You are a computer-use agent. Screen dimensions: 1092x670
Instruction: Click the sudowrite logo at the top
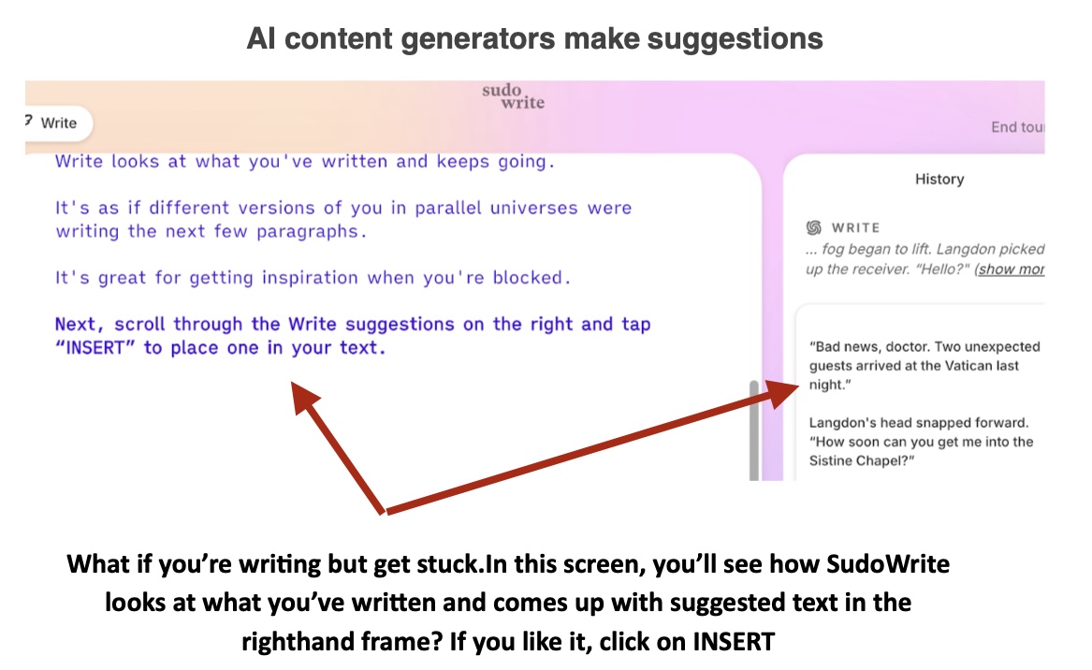click(x=514, y=96)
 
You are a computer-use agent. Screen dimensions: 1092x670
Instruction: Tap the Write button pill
click(x=57, y=124)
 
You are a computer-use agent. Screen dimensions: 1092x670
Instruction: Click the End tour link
click(x=1017, y=126)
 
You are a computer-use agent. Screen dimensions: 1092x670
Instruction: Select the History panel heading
click(x=939, y=179)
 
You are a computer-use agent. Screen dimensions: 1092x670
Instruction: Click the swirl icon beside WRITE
click(x=813, y=227)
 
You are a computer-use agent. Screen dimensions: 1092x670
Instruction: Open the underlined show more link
click(x=1012, y=269)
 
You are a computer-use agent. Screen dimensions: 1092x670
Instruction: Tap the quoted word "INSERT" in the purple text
click(x=95, y=347)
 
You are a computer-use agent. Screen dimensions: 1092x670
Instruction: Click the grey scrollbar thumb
click(x=753, y=430)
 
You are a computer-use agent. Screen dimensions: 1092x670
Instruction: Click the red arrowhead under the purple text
click(x=303, y=397)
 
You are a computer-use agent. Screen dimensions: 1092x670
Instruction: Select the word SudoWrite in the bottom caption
click(x=888, y=563)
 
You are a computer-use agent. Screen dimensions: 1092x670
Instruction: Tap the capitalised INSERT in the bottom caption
click(x=734, y=641)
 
